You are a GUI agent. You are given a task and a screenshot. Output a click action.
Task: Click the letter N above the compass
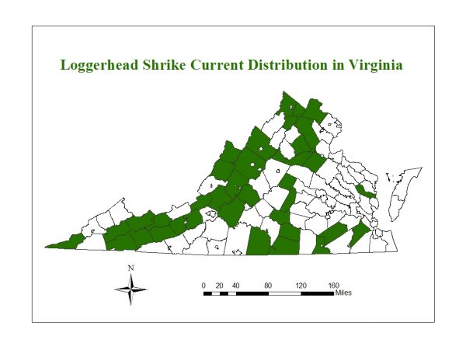pos(131,268)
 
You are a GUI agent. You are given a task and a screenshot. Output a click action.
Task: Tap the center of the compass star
pos(131,292)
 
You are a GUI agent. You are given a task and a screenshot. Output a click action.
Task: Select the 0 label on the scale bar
pos(203,286)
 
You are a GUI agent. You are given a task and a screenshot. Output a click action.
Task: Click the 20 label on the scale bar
pos(220,286)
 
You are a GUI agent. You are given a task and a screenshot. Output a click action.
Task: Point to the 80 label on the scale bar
pos(269,286)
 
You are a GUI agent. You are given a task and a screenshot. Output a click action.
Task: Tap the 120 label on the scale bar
pos(301,286)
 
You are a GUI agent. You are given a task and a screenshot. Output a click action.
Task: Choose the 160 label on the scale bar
pos(334,286)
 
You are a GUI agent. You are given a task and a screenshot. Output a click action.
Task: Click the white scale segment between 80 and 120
pos(285,293)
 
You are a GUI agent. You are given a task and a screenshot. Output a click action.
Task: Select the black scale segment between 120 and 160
pos(318,293)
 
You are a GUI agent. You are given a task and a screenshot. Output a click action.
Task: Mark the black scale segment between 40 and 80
pos(252,293)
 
